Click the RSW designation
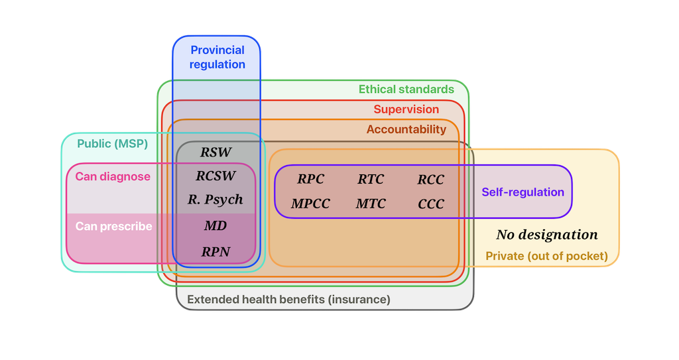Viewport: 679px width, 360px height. [x=216, y=152]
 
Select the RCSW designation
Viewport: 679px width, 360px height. [x=216, y=176]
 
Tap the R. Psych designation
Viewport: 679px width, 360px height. [x=216, y=200]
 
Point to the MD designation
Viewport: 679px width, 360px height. [x=216, y=226]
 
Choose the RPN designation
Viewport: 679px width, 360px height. [x=216, y=251]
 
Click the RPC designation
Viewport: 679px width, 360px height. [x=310, y=180]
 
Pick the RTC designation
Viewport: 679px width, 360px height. [x=371, y=180]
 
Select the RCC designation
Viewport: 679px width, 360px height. [x=431, y=180]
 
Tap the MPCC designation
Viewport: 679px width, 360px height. [x=310, y=204]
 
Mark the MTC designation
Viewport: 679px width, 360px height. [x=371, y=204]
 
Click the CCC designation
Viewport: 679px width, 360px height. [x=431, y=204]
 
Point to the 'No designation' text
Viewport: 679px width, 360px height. [x=547, y=235]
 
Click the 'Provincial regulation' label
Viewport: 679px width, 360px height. [x=217, y=57]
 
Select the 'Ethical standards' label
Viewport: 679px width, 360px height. [x=406, y=90]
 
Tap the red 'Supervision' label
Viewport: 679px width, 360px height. [x=406, y=109]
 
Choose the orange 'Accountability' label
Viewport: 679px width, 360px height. [x=406, y=129]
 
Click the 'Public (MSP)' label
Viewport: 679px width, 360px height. [x=112, y=143]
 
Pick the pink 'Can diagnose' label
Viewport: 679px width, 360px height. [x=113, y=177]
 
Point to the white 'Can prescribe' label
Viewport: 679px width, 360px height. [x=113, y=227]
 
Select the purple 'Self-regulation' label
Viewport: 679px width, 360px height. [x=523, y=192]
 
